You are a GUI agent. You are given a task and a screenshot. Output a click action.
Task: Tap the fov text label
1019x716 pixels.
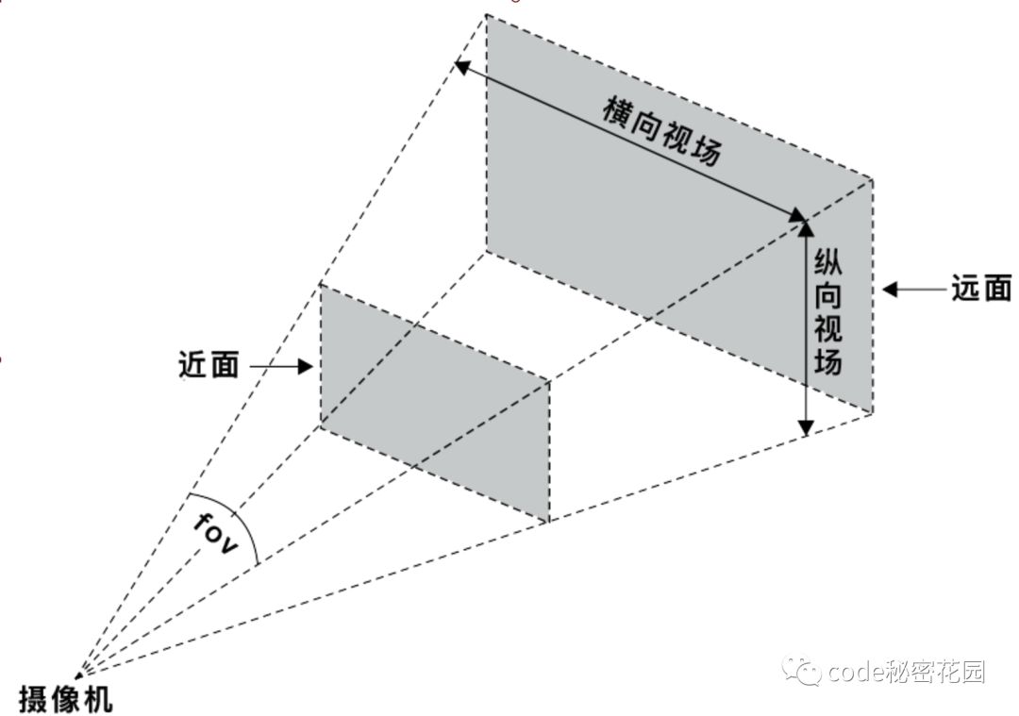coord(216,534)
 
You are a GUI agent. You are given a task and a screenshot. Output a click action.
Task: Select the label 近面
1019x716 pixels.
coord(208,365)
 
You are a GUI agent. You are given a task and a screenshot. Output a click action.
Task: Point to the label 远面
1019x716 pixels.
coord(981,290)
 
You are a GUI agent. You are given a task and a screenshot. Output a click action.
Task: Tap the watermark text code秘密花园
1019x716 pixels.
coord(906,672)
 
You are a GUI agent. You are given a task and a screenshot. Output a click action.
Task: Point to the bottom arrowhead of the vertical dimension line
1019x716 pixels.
coord(805,428)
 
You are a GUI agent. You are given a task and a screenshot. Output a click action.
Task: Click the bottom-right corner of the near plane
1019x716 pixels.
coord(549,522)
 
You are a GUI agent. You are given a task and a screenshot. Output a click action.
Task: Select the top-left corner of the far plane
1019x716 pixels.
coord(486,14)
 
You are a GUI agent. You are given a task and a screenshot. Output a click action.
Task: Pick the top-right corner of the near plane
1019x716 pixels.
coord(549,381)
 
